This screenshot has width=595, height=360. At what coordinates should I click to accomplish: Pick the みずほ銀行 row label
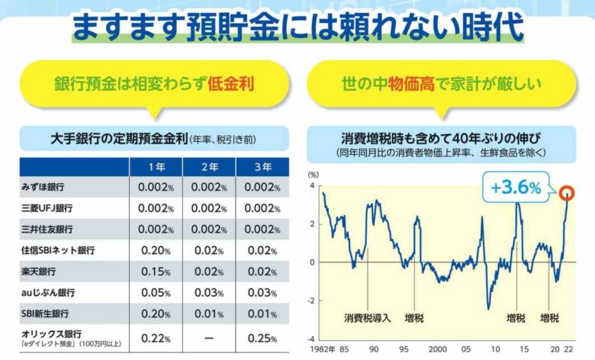[x=43, y=187]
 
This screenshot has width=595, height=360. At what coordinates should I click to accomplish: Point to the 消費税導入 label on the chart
[x=366, y=317]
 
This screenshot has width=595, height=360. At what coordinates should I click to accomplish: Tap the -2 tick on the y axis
[x=311, y=301]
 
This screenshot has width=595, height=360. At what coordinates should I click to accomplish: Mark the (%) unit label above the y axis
[x=313, y=175]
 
